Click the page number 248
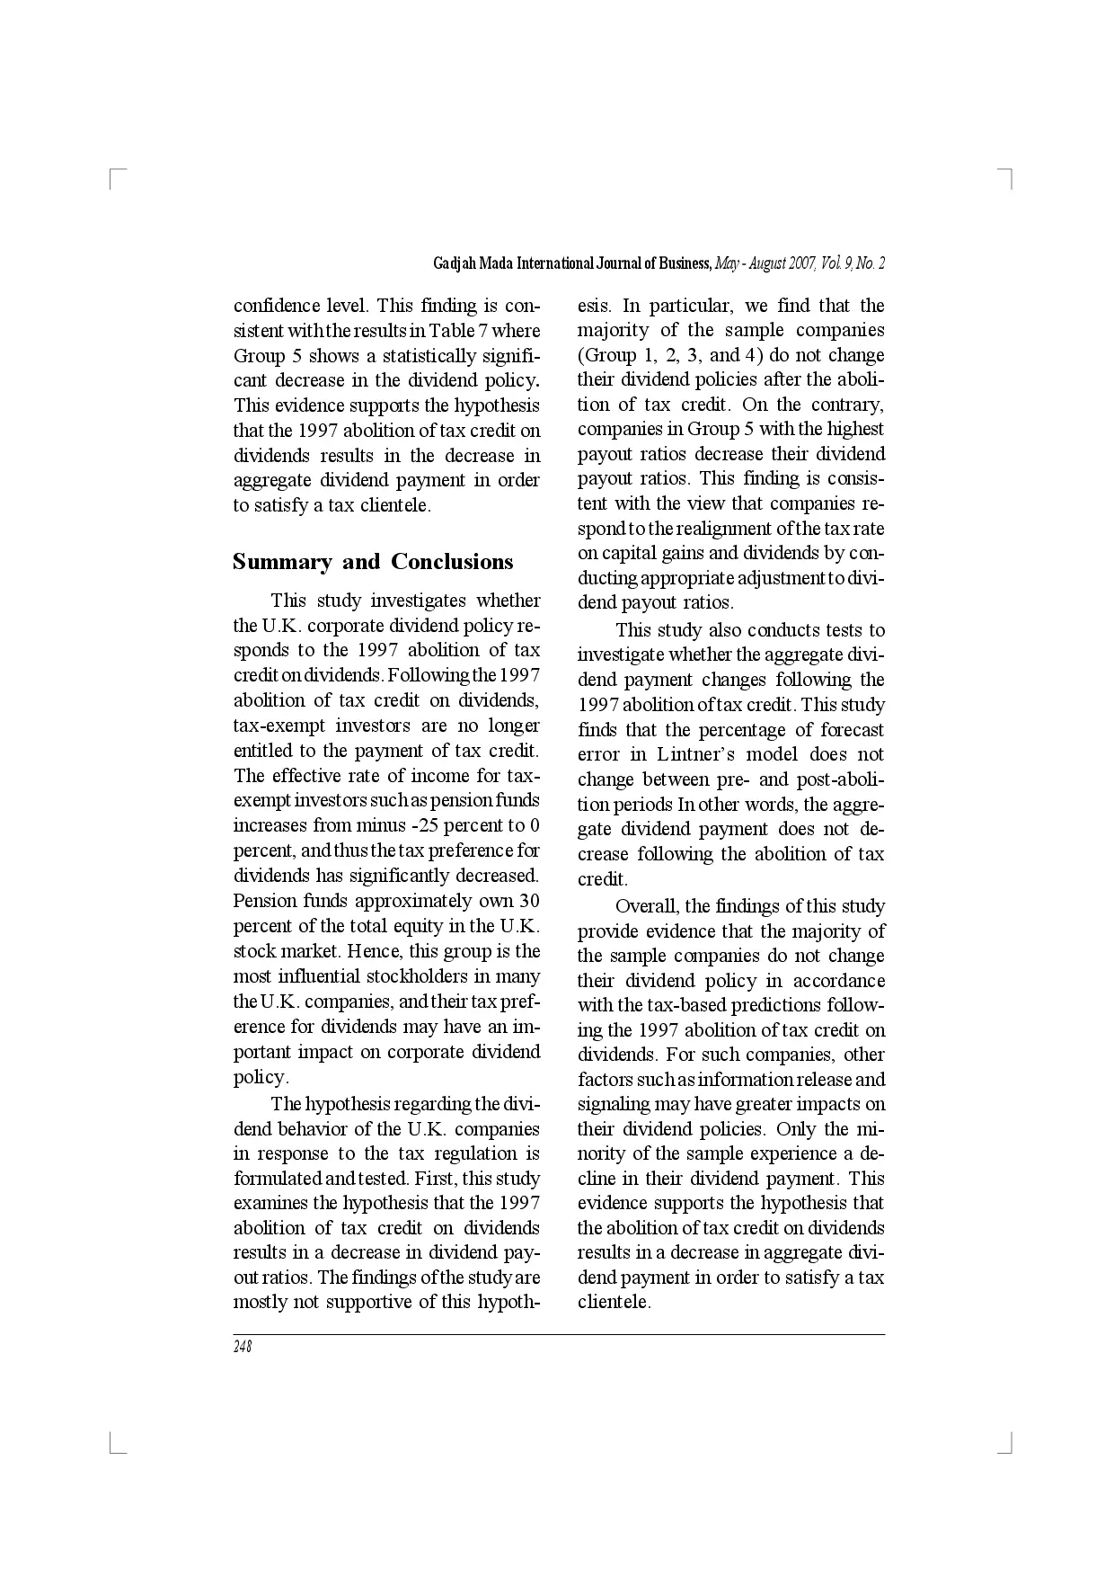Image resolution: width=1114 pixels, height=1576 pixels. click(x=243, y=1347)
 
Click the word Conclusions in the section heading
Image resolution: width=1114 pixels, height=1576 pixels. click(x=452, y=562)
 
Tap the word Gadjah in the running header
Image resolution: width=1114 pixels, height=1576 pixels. click(x=455, y=263)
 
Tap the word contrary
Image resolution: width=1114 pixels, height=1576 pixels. click(x=849, y=405)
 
